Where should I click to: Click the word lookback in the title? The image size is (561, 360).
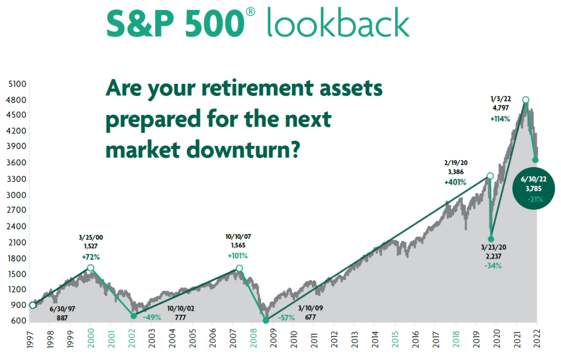(x=338, y=22)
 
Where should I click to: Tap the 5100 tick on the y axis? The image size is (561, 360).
(x=17, y=84)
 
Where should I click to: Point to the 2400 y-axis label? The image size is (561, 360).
(x=16, y=226)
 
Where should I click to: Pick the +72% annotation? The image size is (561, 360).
(x=91, y=257)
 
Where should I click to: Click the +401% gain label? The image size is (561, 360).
(x=455, y=182)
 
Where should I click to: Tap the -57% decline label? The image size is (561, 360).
(x=286, y=317)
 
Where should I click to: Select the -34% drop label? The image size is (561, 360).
(x=493, y=266)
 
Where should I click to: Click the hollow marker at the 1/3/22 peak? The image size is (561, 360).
(x=525, y=100)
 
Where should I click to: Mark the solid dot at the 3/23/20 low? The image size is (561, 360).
(x=491, y=239)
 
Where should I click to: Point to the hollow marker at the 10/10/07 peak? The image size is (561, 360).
(x=239, y=268)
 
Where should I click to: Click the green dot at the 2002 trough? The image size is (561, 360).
(x=133, y=316)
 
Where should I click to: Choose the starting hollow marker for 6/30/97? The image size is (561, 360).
(x=32, y=305)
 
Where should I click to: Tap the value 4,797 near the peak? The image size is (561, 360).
(x=501, y=108)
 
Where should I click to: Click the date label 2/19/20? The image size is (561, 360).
(x=456, y=163)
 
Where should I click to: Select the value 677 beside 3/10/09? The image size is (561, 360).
(x=310, y=317)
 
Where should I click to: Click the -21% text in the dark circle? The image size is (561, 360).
(x=535, y=199)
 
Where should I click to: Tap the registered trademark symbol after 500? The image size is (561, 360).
(x=251, y=12)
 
